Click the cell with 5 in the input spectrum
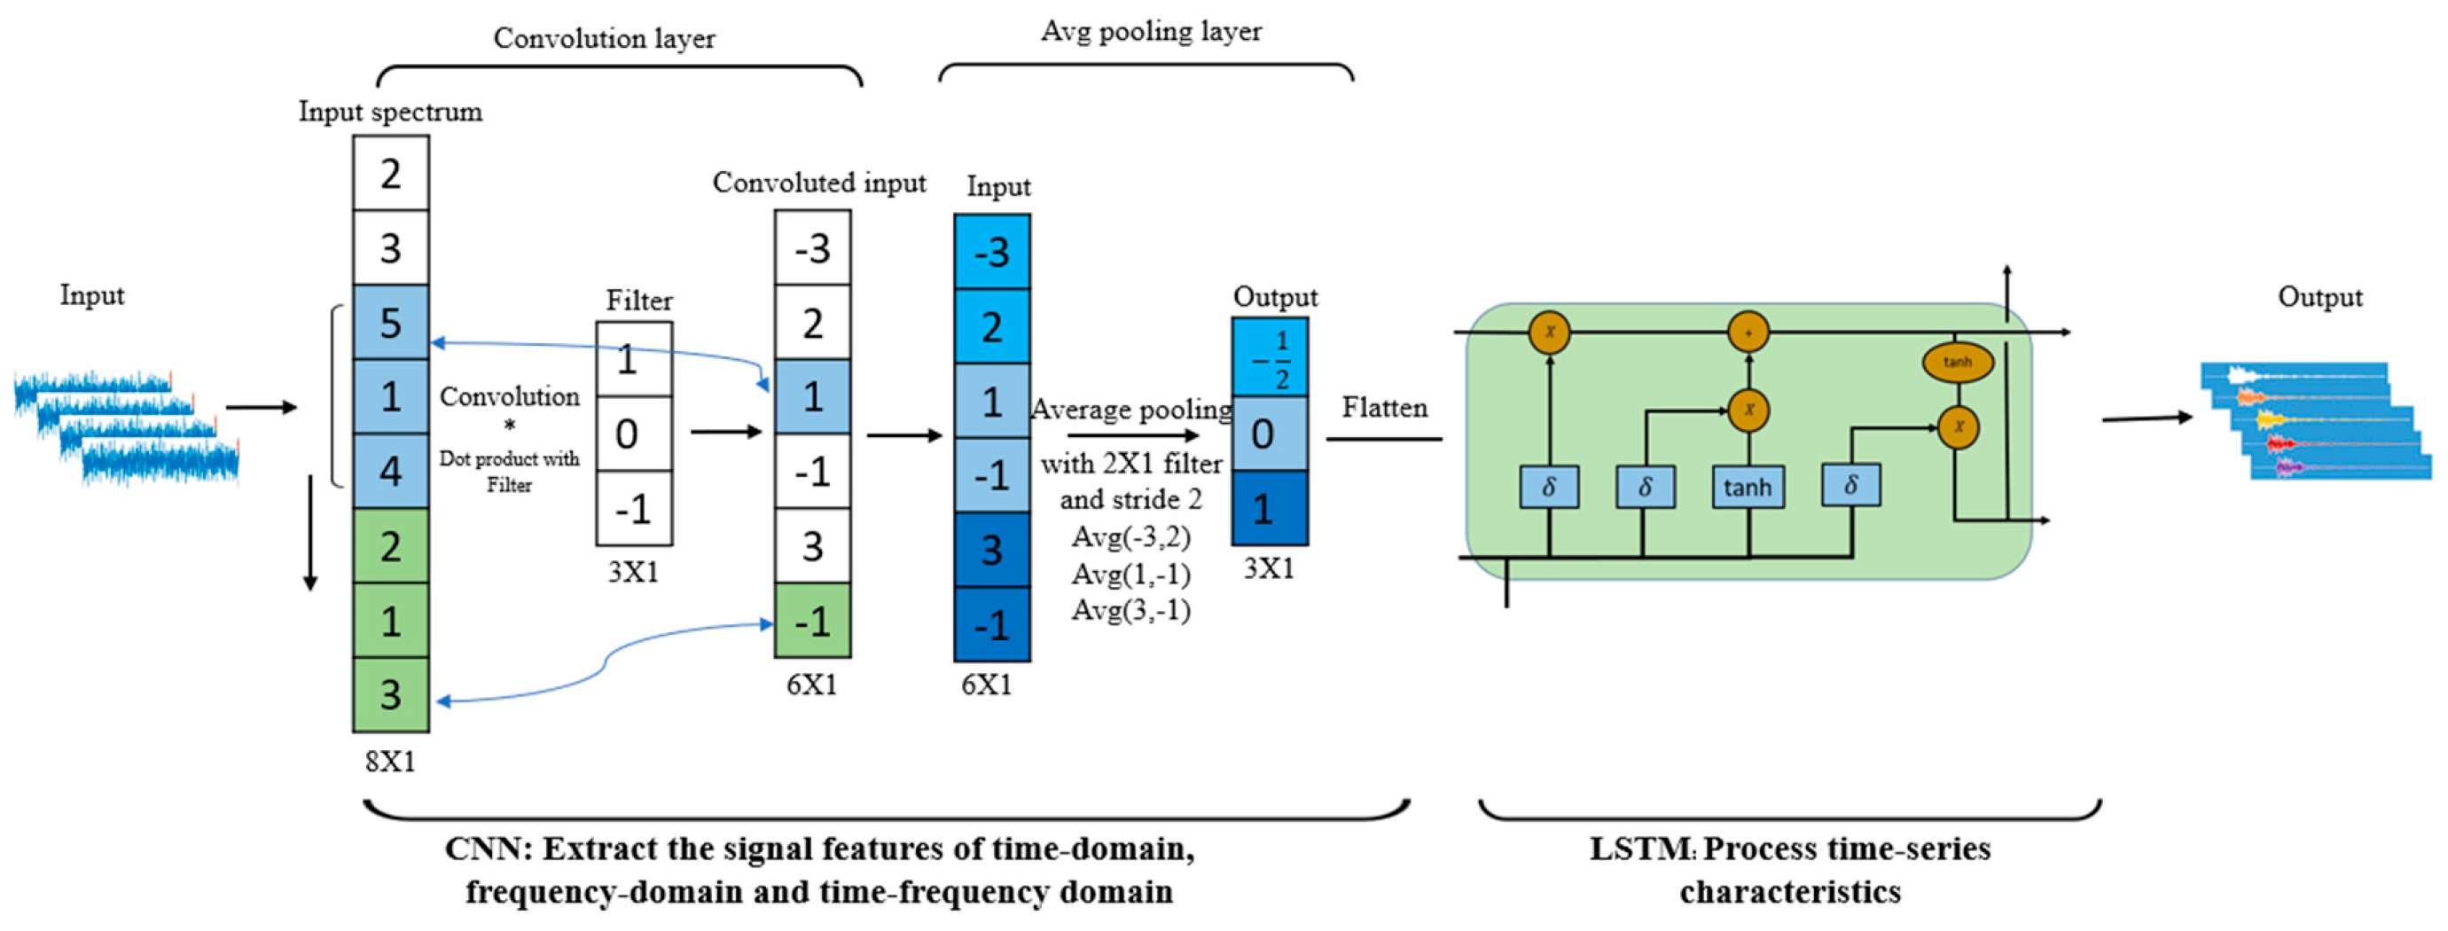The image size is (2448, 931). point(391,323)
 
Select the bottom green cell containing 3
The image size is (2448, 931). point(391,695)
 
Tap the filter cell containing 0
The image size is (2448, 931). point(634,434)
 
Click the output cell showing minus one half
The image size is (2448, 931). point(1270,358)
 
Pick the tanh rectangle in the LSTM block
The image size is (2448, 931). point(1747,488)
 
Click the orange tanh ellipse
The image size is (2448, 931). point(1957,362)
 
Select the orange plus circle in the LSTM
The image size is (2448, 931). point(1748,332)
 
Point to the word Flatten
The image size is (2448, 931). point(1384,408)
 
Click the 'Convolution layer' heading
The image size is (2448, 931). point(604,38)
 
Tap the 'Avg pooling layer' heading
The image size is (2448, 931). point(1151,31)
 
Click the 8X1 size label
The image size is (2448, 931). point(391,762)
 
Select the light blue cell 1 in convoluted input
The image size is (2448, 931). point(811,397)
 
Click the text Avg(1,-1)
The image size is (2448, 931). point(1130,575)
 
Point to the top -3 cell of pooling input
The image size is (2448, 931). point(991,253)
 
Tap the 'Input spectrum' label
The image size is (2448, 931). point(391,112)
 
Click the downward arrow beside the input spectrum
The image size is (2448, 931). point(309,532)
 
